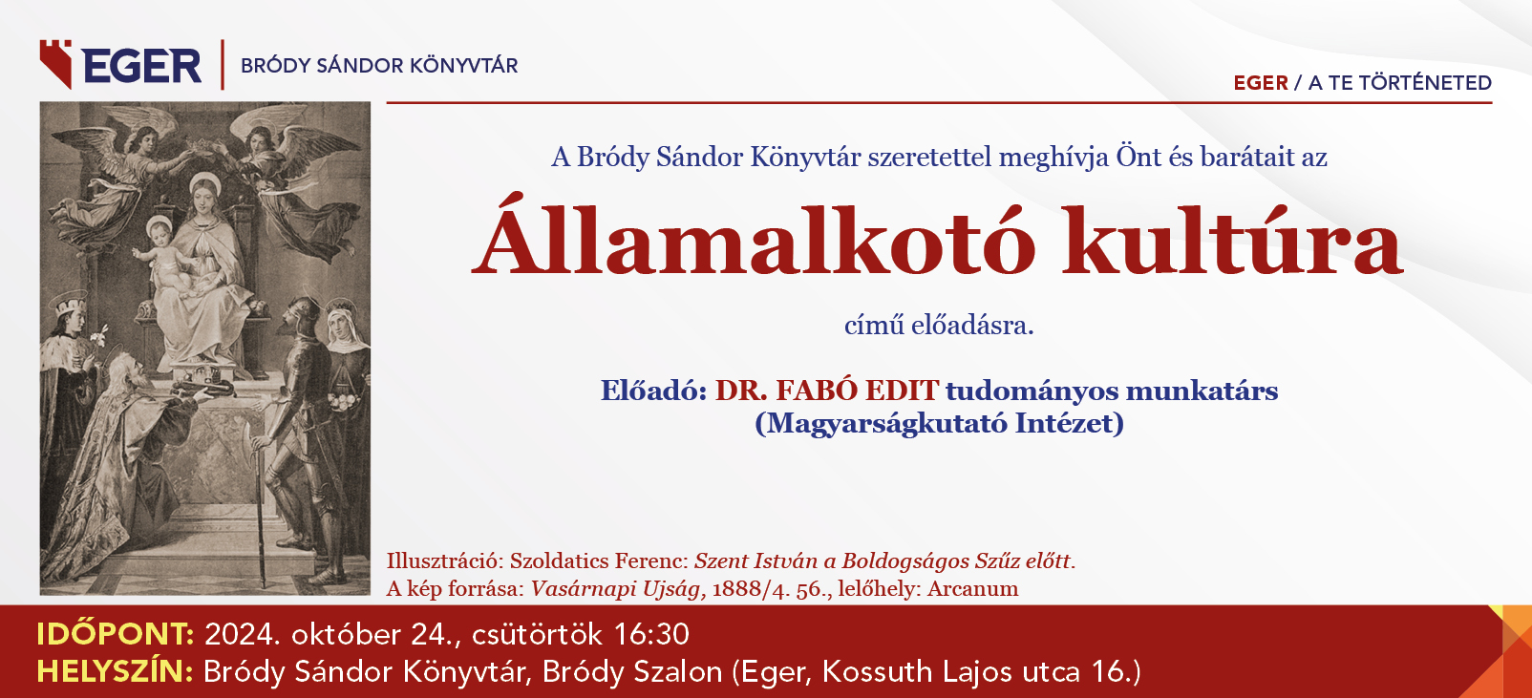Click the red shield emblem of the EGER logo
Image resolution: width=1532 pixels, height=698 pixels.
(x=55, y=64)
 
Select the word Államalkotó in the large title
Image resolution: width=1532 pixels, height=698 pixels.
(x=753, y=236)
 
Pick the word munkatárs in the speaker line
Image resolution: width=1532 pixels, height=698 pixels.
(x=1202, y=391)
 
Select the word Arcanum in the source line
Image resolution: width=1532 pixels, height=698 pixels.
(x=972, y=588)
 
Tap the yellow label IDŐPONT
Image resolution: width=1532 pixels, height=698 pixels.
(x=115, y=634)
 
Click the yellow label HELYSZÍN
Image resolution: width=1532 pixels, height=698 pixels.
(x=115, y=671)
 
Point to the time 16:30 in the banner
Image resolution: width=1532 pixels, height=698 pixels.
(x=651, y=634)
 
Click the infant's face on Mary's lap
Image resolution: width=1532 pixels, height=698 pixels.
(x=160, y=233)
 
